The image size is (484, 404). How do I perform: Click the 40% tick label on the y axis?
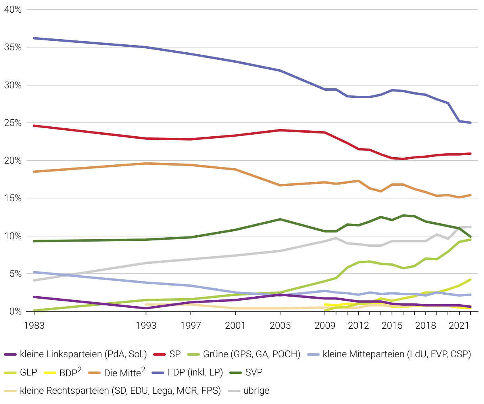[13, 10]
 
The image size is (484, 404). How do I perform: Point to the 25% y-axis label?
[13, 123]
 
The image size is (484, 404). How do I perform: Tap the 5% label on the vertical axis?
[15, 274]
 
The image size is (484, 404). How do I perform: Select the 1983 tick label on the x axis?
[34, 326]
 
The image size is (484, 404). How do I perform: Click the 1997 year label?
[191, 326]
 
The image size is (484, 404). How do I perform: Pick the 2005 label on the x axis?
[280, 326]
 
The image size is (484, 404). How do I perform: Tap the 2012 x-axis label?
[358, 326]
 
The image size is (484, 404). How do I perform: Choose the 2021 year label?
[459, 326]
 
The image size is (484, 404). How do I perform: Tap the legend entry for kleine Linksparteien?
[83, 354]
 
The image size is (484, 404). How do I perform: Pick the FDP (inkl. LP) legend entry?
[195, 372]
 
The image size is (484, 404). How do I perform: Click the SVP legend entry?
[254, 372]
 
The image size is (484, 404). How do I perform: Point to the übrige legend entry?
[256, 391]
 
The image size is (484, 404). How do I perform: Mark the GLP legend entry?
[28, 372]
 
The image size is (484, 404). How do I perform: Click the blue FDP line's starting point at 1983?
[34, 38]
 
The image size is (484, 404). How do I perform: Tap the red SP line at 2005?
[280, 130]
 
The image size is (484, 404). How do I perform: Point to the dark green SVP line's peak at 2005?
[280, 219]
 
